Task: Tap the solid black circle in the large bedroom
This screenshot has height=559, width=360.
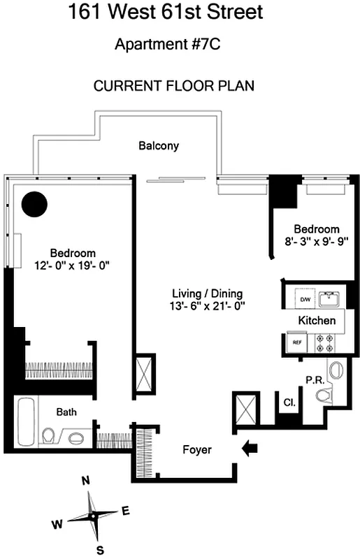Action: tap(34, 204)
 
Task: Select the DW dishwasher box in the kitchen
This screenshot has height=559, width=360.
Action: tap(305, 299)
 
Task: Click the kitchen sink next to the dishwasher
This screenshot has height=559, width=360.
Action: tap(329, 299)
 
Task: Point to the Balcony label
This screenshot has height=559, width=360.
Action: tap(159, 146)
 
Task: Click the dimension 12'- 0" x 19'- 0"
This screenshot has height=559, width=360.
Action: tap(71, 265)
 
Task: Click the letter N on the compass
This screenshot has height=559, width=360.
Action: tap(86, 481)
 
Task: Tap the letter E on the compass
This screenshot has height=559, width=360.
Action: tap(126, 510)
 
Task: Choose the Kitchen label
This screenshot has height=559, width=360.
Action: tap(317, 320)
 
